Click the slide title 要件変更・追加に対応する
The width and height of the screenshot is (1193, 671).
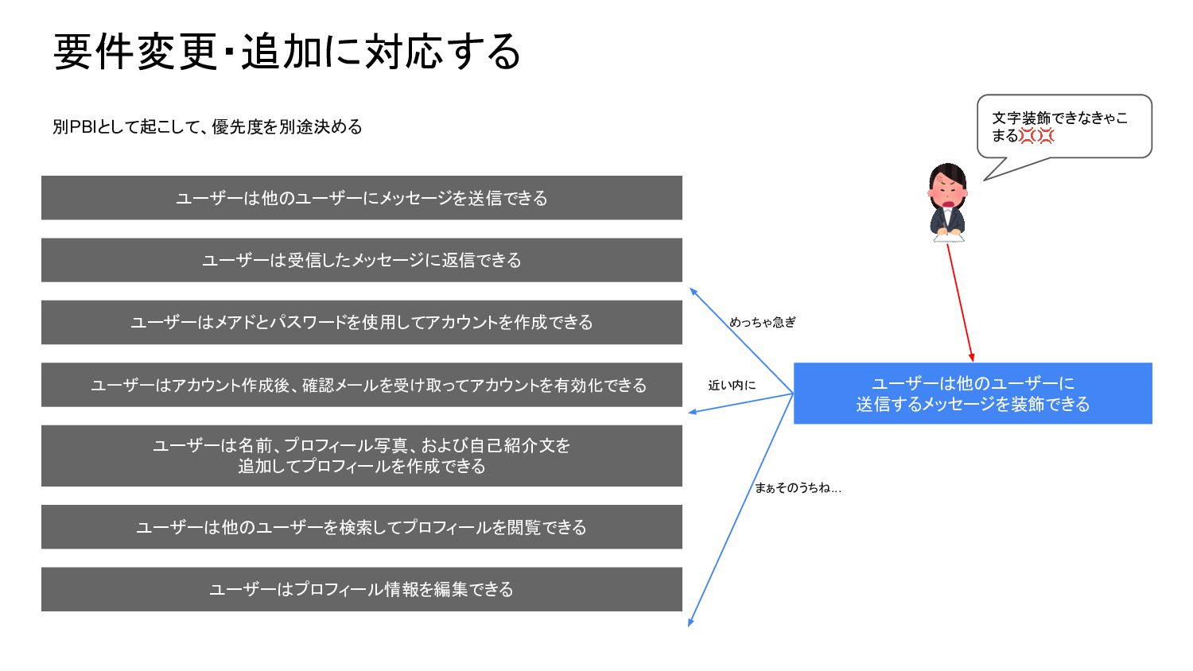click(286, 52)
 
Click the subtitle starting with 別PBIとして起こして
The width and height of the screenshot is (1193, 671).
click(207, 127)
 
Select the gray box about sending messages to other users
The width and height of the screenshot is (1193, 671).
click(362, 198)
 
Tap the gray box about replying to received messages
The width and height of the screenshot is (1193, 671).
click(362, 260)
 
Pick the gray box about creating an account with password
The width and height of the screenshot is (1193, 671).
click(362, 322)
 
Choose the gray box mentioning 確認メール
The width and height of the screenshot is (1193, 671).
click(362, 385)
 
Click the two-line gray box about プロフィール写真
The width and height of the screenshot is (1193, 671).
click(362, 456)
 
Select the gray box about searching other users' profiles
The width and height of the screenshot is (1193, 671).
click(362, 527)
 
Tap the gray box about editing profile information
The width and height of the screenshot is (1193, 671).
click(362, 589)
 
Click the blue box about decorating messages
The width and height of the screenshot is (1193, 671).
click(973, 394)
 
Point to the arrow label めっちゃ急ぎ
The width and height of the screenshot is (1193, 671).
click(762, 322)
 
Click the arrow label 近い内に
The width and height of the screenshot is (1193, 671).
click(732, 385)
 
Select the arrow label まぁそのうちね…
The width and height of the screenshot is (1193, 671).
click(798, 487)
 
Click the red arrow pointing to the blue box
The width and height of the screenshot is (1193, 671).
click(960, 303)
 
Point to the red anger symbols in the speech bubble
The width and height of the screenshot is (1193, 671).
click(1036, 136)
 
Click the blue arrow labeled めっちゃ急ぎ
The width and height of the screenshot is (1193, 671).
click(740, 340)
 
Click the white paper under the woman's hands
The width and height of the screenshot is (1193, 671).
click(948, 235)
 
